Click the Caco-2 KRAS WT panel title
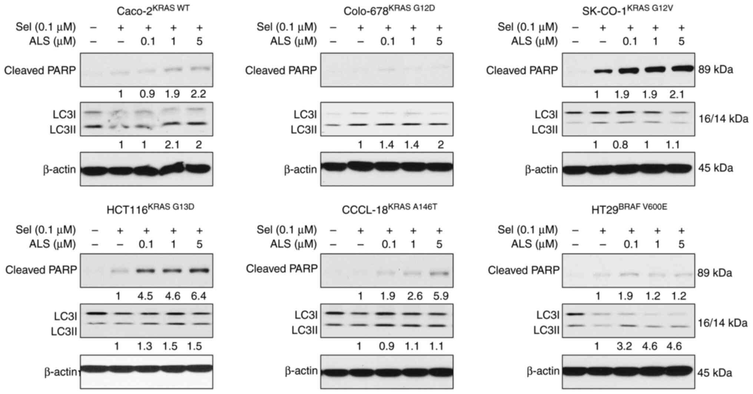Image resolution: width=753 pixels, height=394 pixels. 153,10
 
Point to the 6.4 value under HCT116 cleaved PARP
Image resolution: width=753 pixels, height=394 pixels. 199,296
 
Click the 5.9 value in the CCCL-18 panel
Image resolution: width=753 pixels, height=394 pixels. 439,296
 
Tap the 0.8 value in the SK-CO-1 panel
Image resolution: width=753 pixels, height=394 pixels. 621,144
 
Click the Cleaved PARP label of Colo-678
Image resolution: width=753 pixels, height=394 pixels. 281,70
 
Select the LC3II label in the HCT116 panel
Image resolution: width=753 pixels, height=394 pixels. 64,332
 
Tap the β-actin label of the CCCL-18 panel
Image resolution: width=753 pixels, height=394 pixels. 301,371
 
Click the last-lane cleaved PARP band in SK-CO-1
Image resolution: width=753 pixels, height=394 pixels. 681,68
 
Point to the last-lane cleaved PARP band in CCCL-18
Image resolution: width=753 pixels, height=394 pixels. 439,274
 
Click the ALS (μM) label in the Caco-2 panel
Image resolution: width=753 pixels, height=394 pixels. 52,41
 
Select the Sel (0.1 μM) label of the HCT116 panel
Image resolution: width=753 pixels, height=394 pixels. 46,230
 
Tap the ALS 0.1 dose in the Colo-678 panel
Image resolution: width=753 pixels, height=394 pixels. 388,41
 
